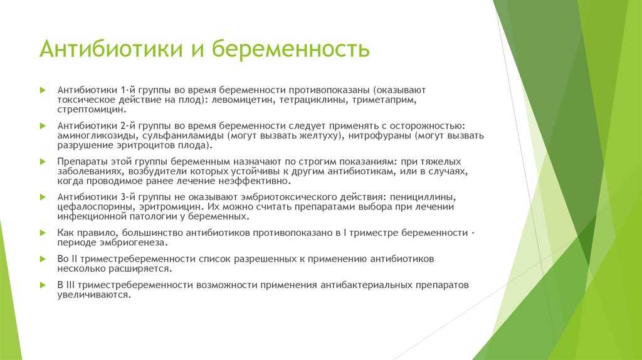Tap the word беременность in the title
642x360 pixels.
[x=291, y=48]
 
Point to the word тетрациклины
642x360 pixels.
[x=313, y=100]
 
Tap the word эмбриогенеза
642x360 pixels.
[x=134, y=243]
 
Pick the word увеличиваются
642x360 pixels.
[x=94, y=295]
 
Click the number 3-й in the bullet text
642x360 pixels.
[x=127, y=197]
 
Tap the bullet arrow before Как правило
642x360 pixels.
[x=43, y=233]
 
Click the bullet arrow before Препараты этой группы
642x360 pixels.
[x=43, y=162]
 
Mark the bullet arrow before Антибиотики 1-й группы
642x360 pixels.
[x=43, y=90]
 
